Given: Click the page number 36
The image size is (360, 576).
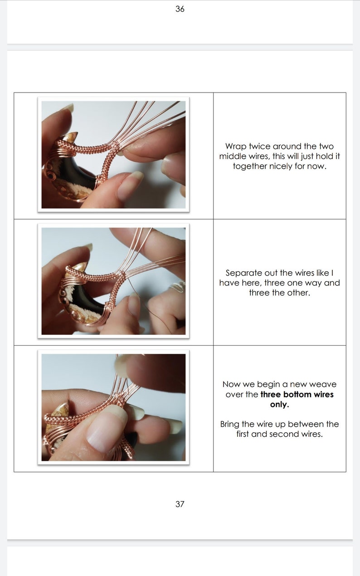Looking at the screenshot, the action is coord(180,9).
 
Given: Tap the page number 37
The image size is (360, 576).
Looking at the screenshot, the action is coord(180,504).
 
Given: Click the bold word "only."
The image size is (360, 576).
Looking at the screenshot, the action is coord(279,404).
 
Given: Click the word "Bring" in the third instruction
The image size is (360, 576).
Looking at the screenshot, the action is coord(229,424).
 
